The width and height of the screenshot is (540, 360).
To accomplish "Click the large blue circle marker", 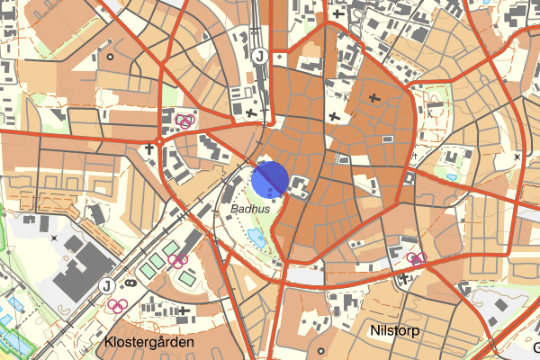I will (x=269, y=179).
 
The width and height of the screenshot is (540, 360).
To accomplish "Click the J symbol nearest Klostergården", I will (x=107, y=286).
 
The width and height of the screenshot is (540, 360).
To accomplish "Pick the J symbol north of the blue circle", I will (x=259, y=56).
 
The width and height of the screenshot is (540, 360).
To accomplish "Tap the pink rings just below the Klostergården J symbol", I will (x=115, y=304).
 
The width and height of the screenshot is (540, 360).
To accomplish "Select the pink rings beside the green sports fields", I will (x=178, y=262).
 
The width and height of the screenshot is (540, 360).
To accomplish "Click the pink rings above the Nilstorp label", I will (x=416, y=258).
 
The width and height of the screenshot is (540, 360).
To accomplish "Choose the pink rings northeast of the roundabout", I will (x=184, y=121).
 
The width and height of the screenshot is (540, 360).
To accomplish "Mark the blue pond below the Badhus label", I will (x=256, y=238).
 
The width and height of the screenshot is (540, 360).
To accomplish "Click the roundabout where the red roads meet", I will (x=159, y=141).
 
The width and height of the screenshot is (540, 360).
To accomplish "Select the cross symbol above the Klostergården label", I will (x=184, y=310).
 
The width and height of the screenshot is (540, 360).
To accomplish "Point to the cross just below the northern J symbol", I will (x=250, y=112).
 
